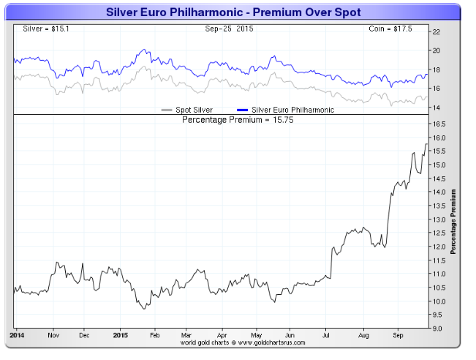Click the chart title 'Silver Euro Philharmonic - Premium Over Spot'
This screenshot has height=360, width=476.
coord(233,12)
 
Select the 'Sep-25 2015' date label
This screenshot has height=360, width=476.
coord(228,29)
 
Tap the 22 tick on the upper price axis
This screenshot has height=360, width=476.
coord(436,32)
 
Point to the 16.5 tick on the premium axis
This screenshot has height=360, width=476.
coord(439,124)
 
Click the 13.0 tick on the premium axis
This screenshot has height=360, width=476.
coord(439,220)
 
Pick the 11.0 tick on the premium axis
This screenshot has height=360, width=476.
coord(439,274)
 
